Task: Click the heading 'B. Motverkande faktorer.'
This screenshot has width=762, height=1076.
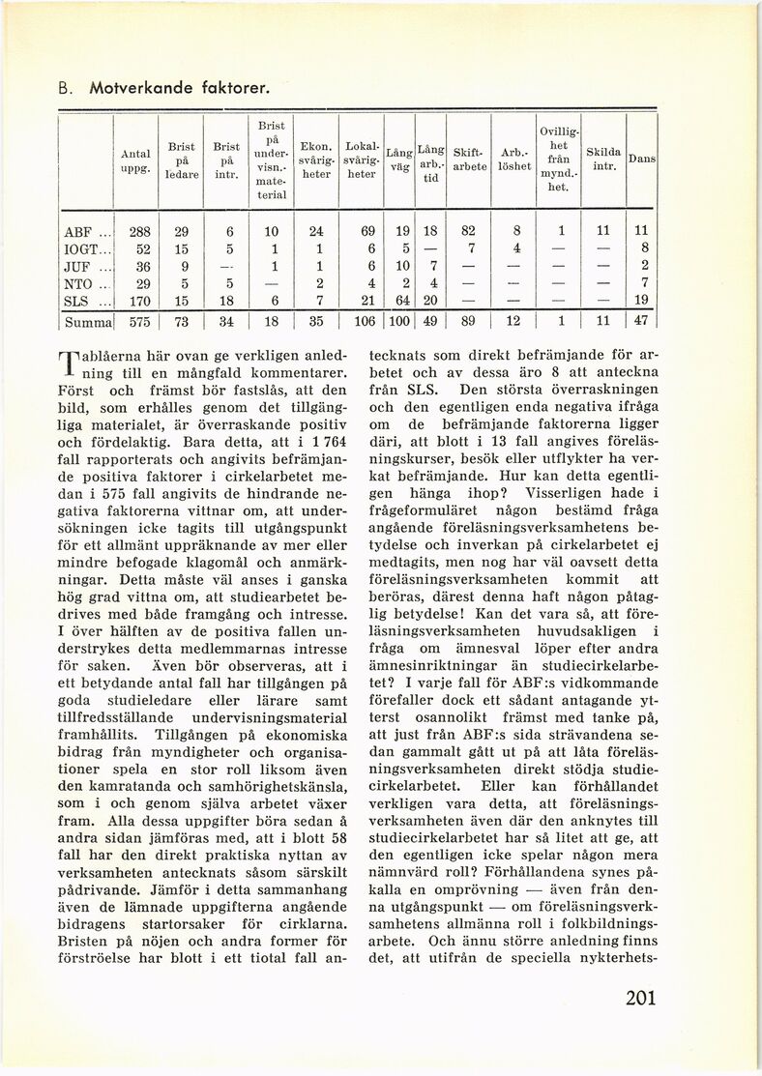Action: [x=162, y=89]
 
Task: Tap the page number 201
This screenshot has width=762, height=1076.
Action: [x=640, y=998]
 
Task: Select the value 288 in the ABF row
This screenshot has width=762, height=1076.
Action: [x=140, y=232]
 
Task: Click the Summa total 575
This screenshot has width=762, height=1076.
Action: [x=140, y=320]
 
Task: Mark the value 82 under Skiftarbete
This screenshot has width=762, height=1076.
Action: [x=468, y=232]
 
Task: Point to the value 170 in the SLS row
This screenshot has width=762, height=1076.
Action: [x=140, y=300]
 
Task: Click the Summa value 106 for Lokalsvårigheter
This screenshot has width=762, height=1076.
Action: [x=363, y=320]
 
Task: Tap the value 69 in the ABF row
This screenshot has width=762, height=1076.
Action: [x=366, y=232]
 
